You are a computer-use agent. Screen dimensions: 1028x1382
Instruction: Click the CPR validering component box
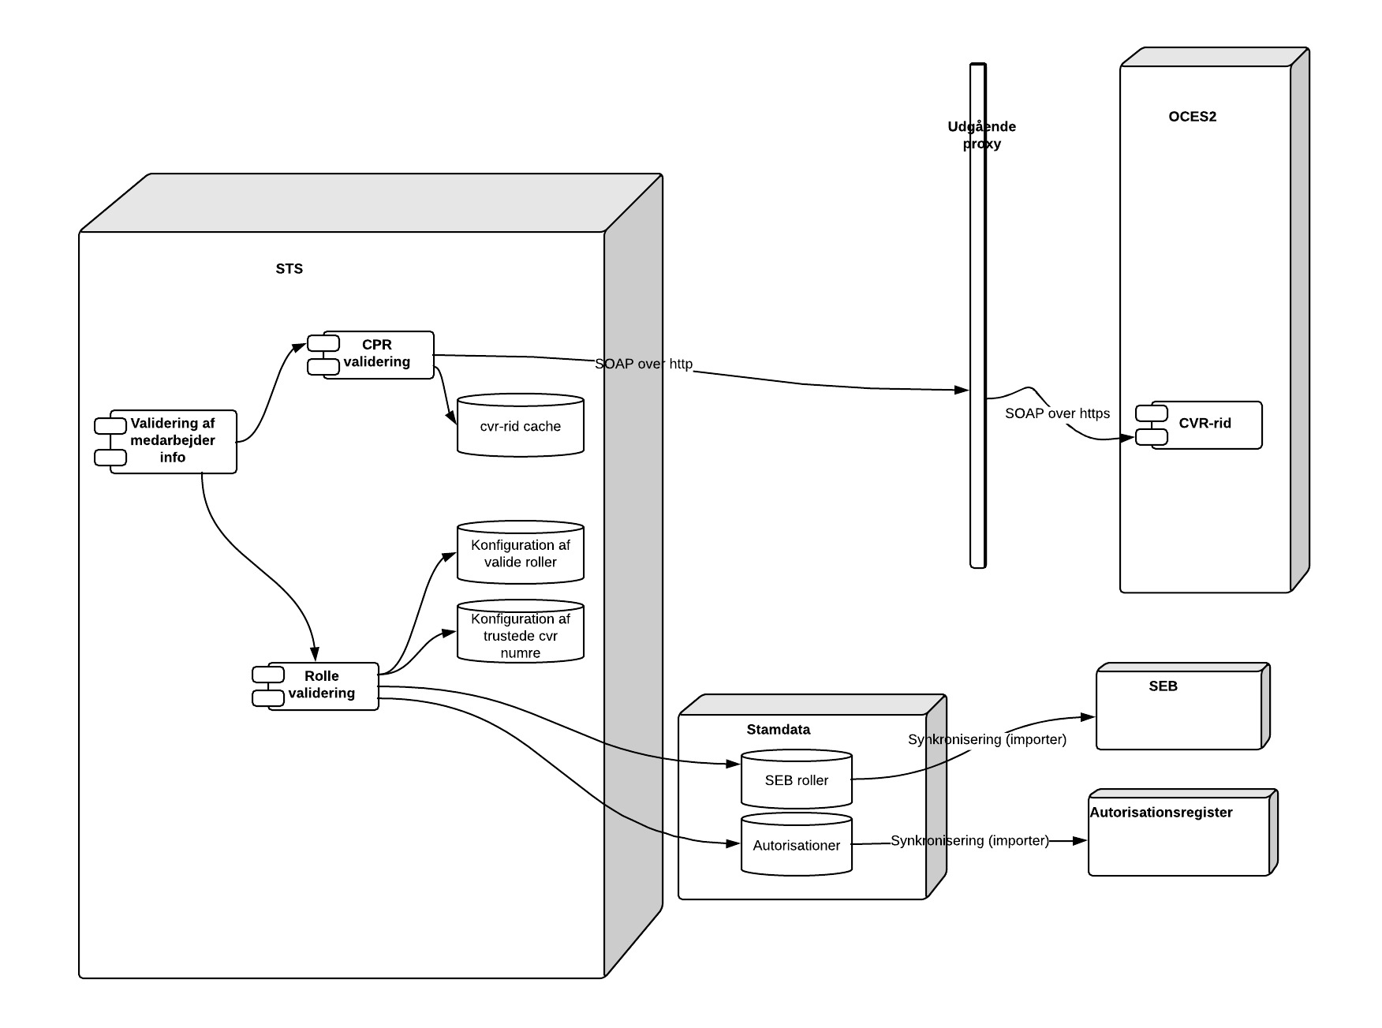click(377, 354)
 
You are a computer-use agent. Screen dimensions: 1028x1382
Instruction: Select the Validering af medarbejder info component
click(173, 441)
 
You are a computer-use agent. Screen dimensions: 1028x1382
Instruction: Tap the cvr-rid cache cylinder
click(520, 426)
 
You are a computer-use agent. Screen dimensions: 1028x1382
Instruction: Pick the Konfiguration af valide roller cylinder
click(520, 554)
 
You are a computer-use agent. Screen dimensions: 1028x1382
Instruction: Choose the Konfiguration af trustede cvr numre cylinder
click(520, 635)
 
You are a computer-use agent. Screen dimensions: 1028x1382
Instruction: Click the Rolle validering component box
click(322, 686)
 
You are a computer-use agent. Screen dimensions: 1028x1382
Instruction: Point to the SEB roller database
click(796, 780)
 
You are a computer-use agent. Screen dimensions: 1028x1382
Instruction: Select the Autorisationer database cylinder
click(796, 845)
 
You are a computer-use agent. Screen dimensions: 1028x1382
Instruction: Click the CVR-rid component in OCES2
click(1204, 424)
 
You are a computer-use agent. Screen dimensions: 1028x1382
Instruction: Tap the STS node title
click(289, 269)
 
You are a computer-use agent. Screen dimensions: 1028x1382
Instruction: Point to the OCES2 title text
click(1192, 117)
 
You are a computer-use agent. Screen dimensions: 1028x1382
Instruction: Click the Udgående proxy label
click(981, 135)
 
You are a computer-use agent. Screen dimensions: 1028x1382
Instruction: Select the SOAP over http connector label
click(644, 364)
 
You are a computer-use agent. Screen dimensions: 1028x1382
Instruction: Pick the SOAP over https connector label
click(1057, 413)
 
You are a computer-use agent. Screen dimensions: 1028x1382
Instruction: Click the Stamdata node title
click(778, 730)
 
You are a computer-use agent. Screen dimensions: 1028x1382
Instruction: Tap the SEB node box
click(1179, 710)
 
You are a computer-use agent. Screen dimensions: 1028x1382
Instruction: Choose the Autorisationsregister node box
click(1178, 836)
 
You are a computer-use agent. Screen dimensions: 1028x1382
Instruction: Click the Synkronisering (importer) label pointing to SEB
click(987, 740)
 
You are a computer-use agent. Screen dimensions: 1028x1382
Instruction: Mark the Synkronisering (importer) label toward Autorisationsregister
click(969, 841)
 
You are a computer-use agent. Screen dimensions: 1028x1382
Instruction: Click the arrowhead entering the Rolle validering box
click(315, 655)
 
